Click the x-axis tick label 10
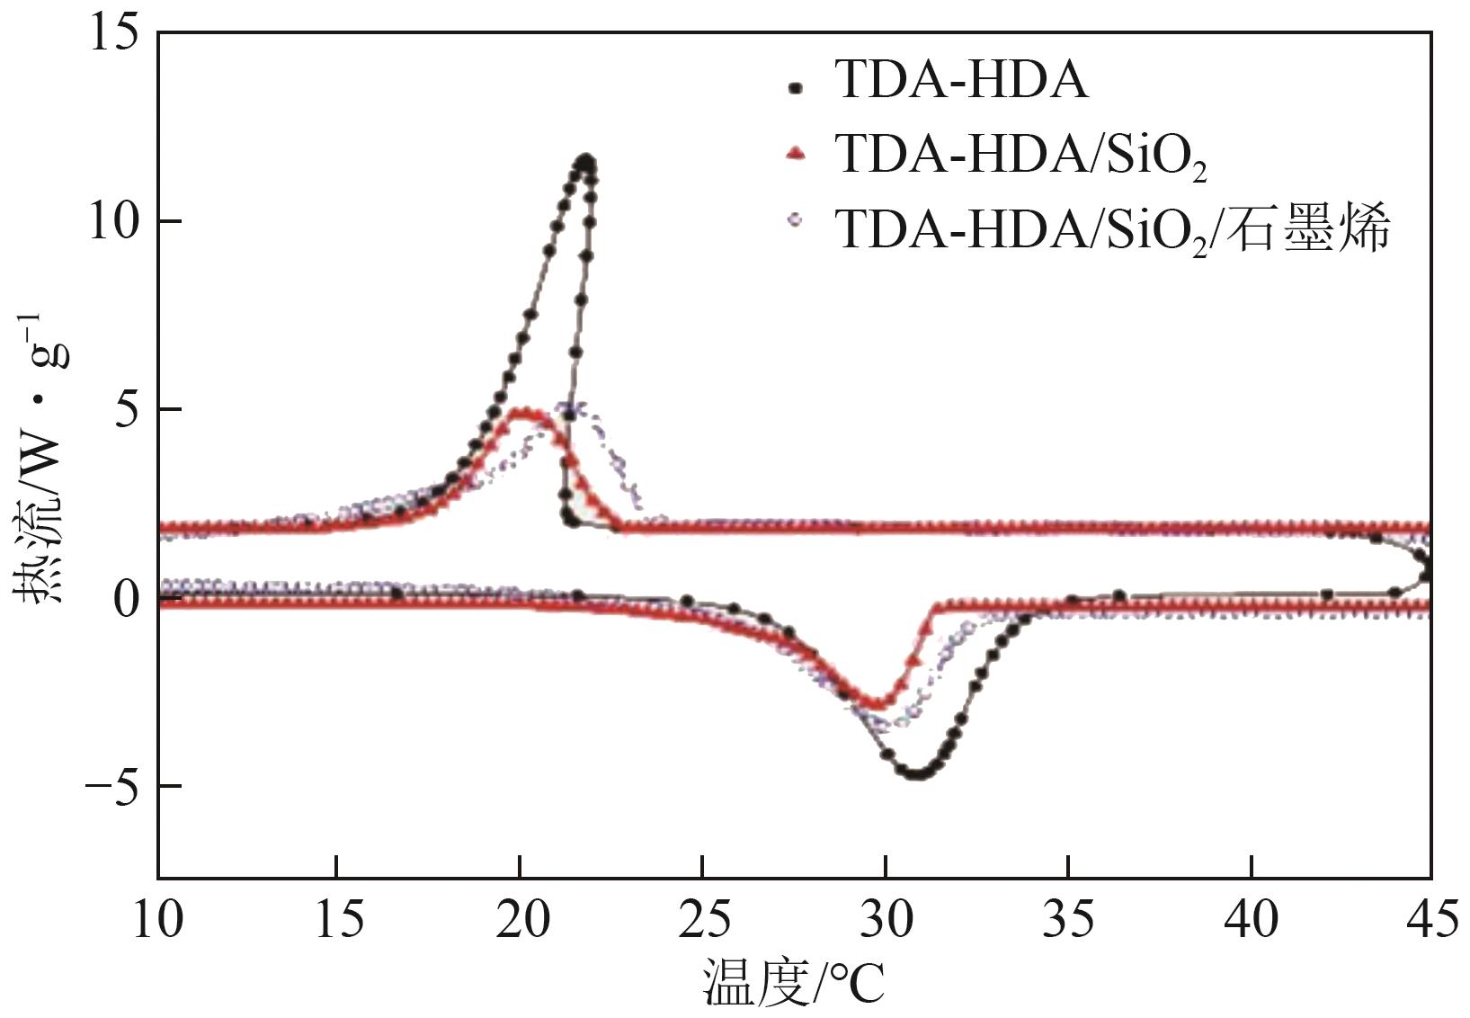coord(159,920)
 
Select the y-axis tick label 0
coord(127,598)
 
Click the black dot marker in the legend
coord(794,87)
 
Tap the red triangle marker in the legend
coord(795,154)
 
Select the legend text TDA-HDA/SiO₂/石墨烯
coord(1113,228)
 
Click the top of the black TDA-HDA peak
coord(586,161)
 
